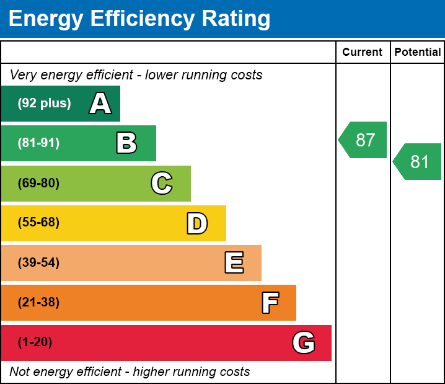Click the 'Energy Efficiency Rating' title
pyautogui.click(x=139, y=19)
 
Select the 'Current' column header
pyautogui.click(x=363, y=52)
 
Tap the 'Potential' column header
pyautogui.click(x=418, y=52)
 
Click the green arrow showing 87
pyautogui.click(x=364, y=140)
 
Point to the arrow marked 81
pyautogui.click(x=418, y=161)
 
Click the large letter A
pyautogui.click(x=100, y=104)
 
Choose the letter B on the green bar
pyautogui.click(x=126, y=143)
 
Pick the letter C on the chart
pyautogui.click(x=162, y=183)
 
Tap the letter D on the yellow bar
pyautogui.click(x=197, y=223)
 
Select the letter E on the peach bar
pyautogui.click(x=234, y=263)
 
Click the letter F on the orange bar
pyautogui.click(x=270, y=303)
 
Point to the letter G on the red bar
pyautogui.click(x=304, y=342)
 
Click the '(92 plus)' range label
pyautogui.click(x=44, y=104)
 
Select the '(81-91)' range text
pyautogui.click(x=38, y=143)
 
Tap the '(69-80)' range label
pyautogui.click(x=38, y=183)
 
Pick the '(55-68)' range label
pyautogui.click(x=38, y=223)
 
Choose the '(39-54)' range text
pyautogui.click(x=38, y=263)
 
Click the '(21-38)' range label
pyautogui.click(x=38, y=303)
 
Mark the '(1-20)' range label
pyautogui.click(x=35, y=342)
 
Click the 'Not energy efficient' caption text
pyautogui.click(x=130, y=372)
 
